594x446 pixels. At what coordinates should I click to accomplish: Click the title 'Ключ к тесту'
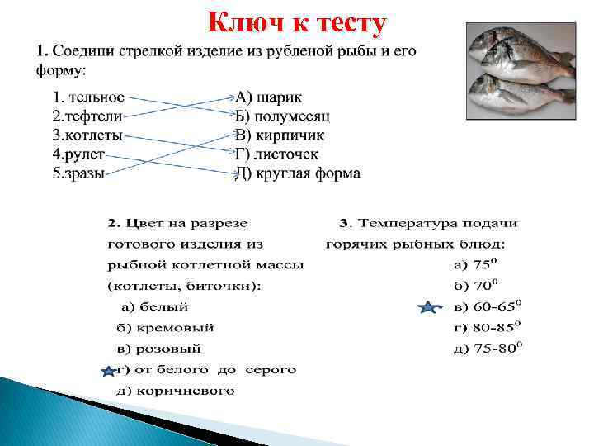[x=296, y=24]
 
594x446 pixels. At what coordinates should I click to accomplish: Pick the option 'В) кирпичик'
[x=280, y=135]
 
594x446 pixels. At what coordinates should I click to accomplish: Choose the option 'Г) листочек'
[x=276, y=154]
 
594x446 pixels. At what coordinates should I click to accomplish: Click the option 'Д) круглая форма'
[x=298, y=173]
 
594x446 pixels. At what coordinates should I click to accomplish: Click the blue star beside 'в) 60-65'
[x=428, y=308]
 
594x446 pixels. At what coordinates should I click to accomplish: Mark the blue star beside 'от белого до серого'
[x=107, y=371]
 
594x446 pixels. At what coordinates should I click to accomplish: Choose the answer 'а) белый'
[x=155, y=306]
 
